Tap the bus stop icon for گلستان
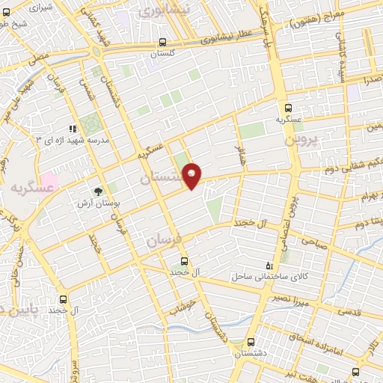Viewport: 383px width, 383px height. coord(162,43)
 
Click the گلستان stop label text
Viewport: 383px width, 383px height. coord(162,55)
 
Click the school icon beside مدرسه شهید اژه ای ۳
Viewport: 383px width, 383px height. coord(73,129)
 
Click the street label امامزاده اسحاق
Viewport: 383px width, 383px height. coord(323,333)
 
